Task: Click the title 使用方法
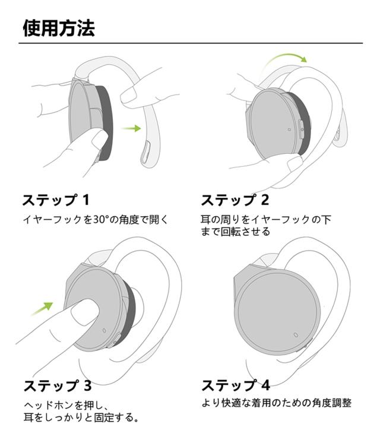(58, 28)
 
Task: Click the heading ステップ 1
(57, 200)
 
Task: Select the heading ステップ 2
(235, 200)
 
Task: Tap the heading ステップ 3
(57, 385)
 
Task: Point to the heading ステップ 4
(236, 384)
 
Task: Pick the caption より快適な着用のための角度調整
(277, 403)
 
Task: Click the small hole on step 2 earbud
(289, 128)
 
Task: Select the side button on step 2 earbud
(301, 128)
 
